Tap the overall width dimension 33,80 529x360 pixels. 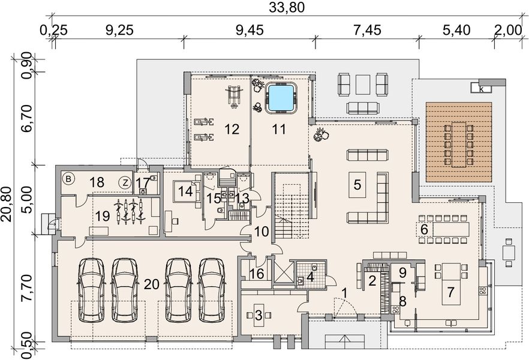point(287,7)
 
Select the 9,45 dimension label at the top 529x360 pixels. point(250,31)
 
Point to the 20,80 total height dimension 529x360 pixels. point(7,203)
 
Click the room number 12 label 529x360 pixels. point(232,129)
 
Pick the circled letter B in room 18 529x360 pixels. point(68,179)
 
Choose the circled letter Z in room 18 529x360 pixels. point(125,183)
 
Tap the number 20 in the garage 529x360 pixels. point(152,284)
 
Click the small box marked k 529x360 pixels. point(482,89)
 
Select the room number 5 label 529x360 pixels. point(357,185)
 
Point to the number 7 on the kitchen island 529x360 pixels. point(450,292)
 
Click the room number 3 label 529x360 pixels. point(259,316)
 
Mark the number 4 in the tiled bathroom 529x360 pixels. point(311,278)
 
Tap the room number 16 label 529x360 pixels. point(257,274)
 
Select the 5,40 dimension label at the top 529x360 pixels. point(456,31)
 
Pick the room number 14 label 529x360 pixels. point(185,191)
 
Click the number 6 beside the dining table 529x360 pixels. point(425,229)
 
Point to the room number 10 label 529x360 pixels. point(262,232)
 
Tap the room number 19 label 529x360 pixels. point(102,216)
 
